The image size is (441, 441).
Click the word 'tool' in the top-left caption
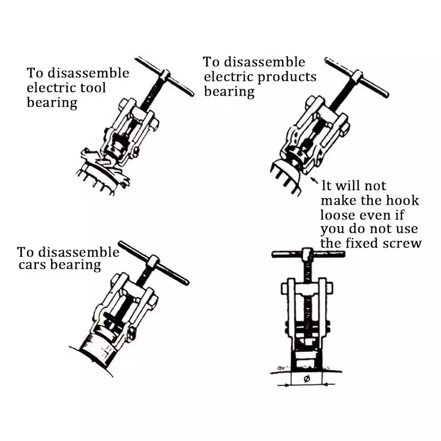(x=93, y=88)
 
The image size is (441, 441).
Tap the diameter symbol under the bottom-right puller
(x=307, y=379)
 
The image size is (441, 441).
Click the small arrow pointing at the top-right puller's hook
(x=314, y=180)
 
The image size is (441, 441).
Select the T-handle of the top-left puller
(x=164, y=76)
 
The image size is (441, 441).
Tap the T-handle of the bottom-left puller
(x=153, y=263)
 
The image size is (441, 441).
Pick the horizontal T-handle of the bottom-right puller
(x=308, y=254)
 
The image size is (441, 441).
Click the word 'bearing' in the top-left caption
(x=52, y=103)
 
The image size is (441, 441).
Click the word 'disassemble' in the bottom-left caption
(x=79, y=252)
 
